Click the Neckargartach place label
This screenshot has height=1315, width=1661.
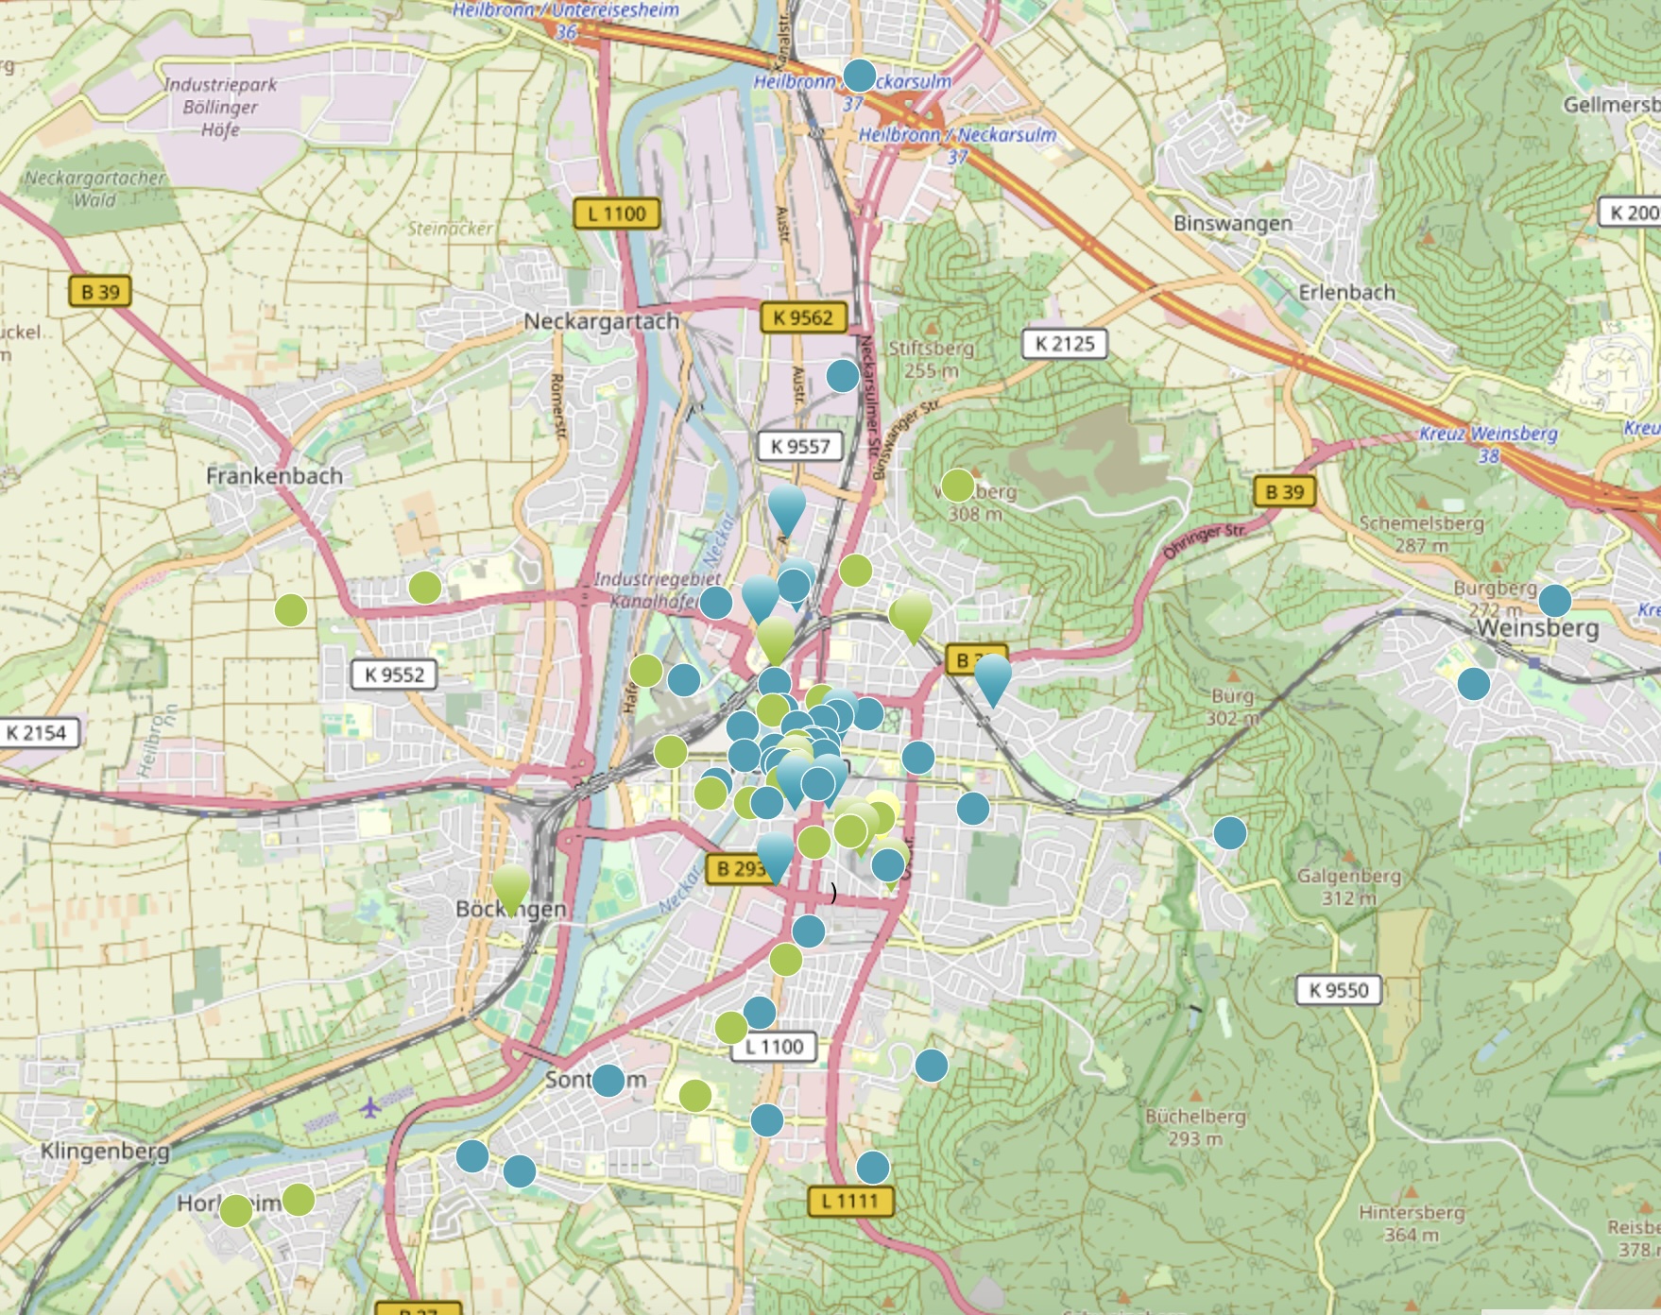pyautogui.click(x=602, y=321)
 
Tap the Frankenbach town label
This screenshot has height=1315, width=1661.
pyautogui.click(x=274, y=475)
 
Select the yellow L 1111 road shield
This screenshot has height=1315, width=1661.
pyautogui.click(x=850, y=1201)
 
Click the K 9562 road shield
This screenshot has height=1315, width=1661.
pyautogui.click(x=803, y=317)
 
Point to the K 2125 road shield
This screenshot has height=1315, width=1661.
pyautogui.click(x=1064, y=344)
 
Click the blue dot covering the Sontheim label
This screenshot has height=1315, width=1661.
pyautogui.click(x=608, y=1080)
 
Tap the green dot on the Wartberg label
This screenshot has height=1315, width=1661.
pyautogui.click(x=957, y=486)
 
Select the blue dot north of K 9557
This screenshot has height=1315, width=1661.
pyautogui.click(x=842, y=376)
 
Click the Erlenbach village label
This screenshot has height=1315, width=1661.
pyautogui.click(x=1346, y=292)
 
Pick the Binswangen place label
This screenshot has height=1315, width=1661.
pyautogui.click(x=1232, y=223)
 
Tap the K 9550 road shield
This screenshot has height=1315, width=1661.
pyautogui.click(x=1339, y=990)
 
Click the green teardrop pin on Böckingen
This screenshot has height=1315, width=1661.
pyautogui.click(x=511, y=888)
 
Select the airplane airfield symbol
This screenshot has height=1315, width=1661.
pyautogui.click(x=369, y=1106)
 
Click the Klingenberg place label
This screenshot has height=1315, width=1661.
pyautogui.click(x=105, y=1151)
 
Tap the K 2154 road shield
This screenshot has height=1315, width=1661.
pyautogui.click(x=37, y=732)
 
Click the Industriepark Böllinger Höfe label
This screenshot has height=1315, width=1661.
pyautogui.click(x=220, y=106)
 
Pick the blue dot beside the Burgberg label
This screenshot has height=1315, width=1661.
pyautogui.click(x=1554, y=600)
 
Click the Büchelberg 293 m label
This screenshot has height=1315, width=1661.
pyautogui.click(x=1195, y=1127)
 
